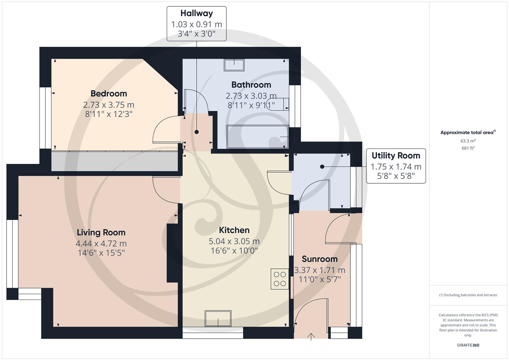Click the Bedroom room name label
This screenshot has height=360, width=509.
109,94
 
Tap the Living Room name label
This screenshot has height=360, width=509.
101,232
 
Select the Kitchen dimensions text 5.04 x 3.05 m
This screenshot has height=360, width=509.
234,241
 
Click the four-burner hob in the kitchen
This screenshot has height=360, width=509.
280,279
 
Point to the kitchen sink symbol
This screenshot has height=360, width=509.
218,319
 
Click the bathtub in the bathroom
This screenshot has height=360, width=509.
257,137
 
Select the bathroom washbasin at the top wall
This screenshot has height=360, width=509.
234,65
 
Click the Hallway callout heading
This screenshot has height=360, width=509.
196,13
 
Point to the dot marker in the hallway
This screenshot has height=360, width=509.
197,132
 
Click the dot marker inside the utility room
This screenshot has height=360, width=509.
322,167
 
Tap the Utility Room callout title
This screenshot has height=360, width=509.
396,156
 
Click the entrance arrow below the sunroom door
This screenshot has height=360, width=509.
311,336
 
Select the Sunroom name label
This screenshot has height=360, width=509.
319,259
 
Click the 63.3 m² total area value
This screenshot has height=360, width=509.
468,141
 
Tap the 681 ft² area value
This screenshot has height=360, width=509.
468,148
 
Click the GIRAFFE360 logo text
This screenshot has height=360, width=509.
468,345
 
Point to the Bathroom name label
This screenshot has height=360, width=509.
251,85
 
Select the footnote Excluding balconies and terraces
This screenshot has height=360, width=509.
468,295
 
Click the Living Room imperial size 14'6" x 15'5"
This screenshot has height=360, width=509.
101,253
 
